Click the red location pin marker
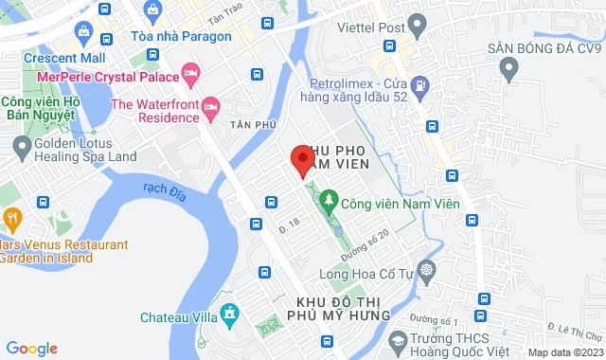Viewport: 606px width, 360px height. coord(302,160)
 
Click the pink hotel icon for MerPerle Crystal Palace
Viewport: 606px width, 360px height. coord(191,73)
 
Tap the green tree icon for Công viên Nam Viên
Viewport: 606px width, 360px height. coord(329,200)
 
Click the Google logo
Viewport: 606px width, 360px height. coord(31,349)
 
